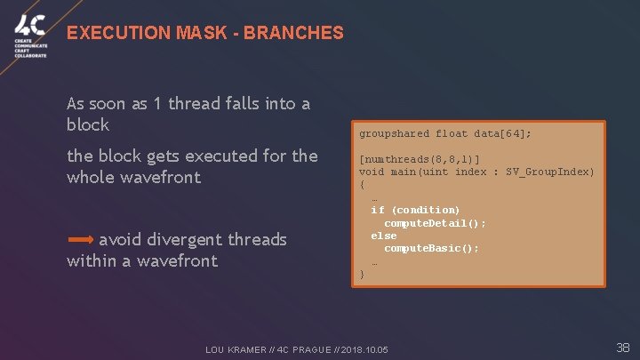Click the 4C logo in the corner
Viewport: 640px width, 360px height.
coord(30,28)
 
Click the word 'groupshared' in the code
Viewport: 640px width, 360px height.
coord(394,134)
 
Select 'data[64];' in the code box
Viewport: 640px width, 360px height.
coord(503,134)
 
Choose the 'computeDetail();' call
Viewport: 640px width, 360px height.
coord(435,223)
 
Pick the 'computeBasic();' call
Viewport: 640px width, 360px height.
coord(431,249)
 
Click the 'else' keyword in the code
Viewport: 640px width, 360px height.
coord(384,236)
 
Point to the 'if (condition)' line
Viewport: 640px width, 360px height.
coord(415,211)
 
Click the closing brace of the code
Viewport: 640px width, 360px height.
coord(362,275)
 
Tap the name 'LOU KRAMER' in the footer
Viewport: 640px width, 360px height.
coord(235,350)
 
